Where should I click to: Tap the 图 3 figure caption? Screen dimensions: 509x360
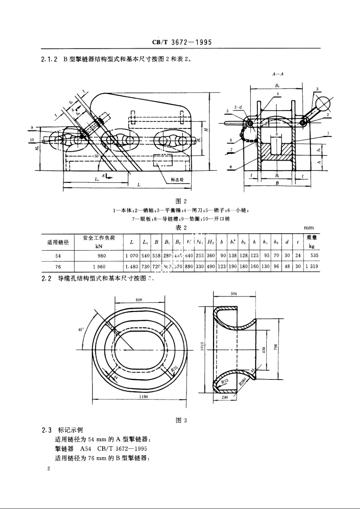(x=182, y=420)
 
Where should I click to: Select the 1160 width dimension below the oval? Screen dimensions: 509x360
(x=143, y=397)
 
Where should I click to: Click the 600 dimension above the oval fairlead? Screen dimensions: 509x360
(x=139, y=300)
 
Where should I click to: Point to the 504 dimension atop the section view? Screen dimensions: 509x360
(x=234, y=294)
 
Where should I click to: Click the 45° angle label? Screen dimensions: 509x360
(x=81, y=329)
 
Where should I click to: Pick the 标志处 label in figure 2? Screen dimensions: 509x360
(x=177, y=180)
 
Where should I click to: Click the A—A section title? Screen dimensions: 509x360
(x=278, y=75)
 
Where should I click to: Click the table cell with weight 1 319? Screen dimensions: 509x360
(x=312, y=267)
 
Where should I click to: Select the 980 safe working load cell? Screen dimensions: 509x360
(x=99, y=256)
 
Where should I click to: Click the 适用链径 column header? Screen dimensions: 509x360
(x=58, y=242)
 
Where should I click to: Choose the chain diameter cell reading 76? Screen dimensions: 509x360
(x=58, y=267)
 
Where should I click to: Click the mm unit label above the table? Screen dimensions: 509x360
(x=309, y=228)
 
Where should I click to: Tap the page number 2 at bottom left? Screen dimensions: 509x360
(x=49, y=469)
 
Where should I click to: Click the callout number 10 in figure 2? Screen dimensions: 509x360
(x=32, y=140)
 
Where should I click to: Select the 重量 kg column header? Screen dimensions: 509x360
(x=312, y=242)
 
